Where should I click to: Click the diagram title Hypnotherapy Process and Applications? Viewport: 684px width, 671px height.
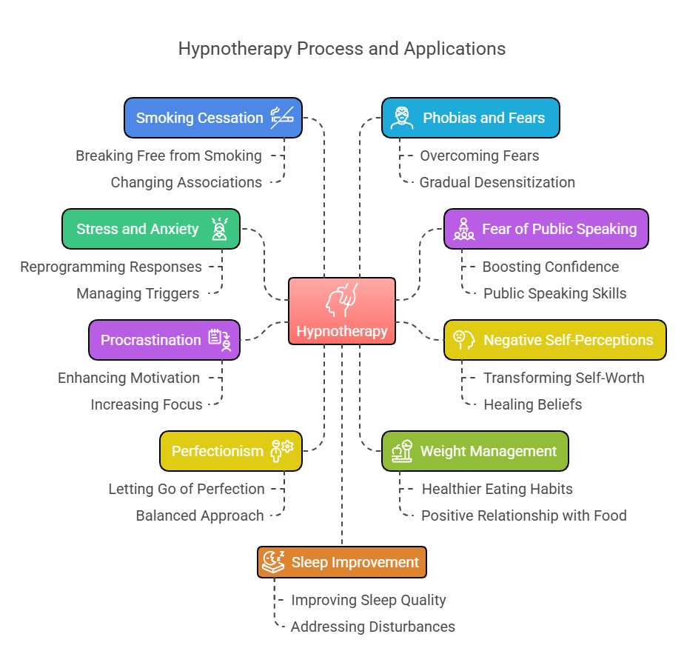pyautogui.click(x=342, y=49)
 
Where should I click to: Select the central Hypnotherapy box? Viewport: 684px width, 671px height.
pyautogui.click(x=342, y=311)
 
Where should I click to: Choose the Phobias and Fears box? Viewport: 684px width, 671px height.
pyautogui.click(x=470, y=118)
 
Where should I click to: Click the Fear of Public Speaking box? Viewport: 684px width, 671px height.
pyautogui.click(x=546, y=229)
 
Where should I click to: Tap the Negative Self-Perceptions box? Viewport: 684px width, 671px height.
pyautogui.click(x=554, y=340)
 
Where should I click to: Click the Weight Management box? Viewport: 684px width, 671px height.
pyautogui.click(x=475, y=451)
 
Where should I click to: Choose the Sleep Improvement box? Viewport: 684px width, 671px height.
pyautogui.click(x=341, y=562)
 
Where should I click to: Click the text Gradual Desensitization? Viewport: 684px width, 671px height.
pyautogui.click(x=497, y=182)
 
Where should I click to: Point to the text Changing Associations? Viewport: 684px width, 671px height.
pyautogui.click(x=187, y=182)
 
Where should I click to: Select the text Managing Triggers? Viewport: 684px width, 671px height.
pyautogui.click(x=138, y=293)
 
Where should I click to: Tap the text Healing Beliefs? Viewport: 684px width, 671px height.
pyautogui.click(x=533, y=404)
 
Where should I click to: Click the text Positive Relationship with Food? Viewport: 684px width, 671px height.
pyautogui.click(x=524, y=515)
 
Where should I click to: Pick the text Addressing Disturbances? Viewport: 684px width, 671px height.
pyautogui.click(x=373, y=627)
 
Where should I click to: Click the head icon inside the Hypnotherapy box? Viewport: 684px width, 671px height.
pyautogui.click(x=341, y=299)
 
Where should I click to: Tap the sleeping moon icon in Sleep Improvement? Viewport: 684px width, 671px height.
pyautogui.click(x=273, y=562)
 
